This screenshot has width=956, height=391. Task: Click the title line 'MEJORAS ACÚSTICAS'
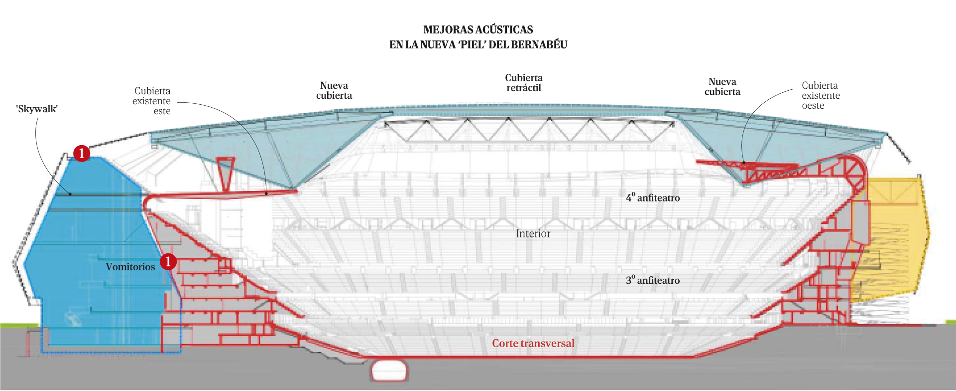pos(478,29)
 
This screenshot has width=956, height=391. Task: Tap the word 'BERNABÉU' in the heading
pos(539,44)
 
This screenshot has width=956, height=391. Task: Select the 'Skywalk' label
pos(37,109)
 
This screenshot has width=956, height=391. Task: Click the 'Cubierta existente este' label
pos(152,101)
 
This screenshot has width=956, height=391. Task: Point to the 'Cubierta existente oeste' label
pos(821,95)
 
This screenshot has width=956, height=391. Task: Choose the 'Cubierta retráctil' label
pos(524,83)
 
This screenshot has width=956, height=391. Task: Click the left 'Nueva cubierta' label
pos(334,90)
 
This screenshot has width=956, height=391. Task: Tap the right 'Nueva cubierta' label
pos(722,86)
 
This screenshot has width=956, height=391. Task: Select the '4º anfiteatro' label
pos(653,197)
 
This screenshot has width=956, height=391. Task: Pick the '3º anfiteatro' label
pos(653,280)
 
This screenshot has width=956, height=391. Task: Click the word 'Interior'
pos(533,233)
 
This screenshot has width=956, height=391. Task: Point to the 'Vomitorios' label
pos(130,267)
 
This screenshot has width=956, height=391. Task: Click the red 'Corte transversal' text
pos(533,343)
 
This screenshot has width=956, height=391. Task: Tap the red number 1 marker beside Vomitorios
pos(168,261)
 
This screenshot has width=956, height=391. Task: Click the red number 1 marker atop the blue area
pos(82,153)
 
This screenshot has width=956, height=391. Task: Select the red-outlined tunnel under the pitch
pos(389,371)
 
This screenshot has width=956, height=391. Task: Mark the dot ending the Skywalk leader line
pos(70,194)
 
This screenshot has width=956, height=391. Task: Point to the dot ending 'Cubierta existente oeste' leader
pos(744,163)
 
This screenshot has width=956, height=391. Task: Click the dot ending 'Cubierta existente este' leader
pos(266,194)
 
